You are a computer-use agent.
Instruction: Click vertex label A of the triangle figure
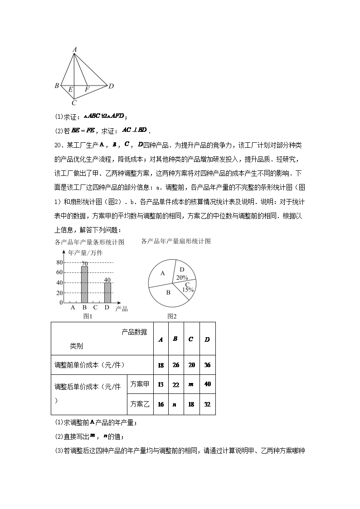[x=74, y=49]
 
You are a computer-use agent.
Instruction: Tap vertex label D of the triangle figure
[x=111, y=86]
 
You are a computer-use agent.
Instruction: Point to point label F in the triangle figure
[x=87, y=90]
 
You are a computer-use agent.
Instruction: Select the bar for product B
[x=84, y=285]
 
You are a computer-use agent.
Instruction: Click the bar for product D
[x=107, y=292]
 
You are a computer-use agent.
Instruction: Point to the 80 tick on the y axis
[x=59, y=262]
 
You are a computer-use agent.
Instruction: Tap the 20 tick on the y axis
[x=59, y=292]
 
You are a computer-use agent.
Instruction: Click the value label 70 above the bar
[x=84, y=263]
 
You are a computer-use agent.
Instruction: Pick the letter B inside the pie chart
[x=168, y=293]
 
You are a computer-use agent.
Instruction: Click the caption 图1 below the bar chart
[x=88, y=316]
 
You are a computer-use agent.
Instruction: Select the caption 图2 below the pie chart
[x=172, y=316]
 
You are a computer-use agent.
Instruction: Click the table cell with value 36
[x=207, y=365]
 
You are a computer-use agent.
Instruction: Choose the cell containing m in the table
[x=191, y=384]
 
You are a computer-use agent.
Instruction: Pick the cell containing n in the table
[x=175, y=404]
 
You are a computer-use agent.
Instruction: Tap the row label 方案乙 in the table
[x=140, y=404]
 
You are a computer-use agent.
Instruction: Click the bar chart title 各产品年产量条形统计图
[x=89, y=242]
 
